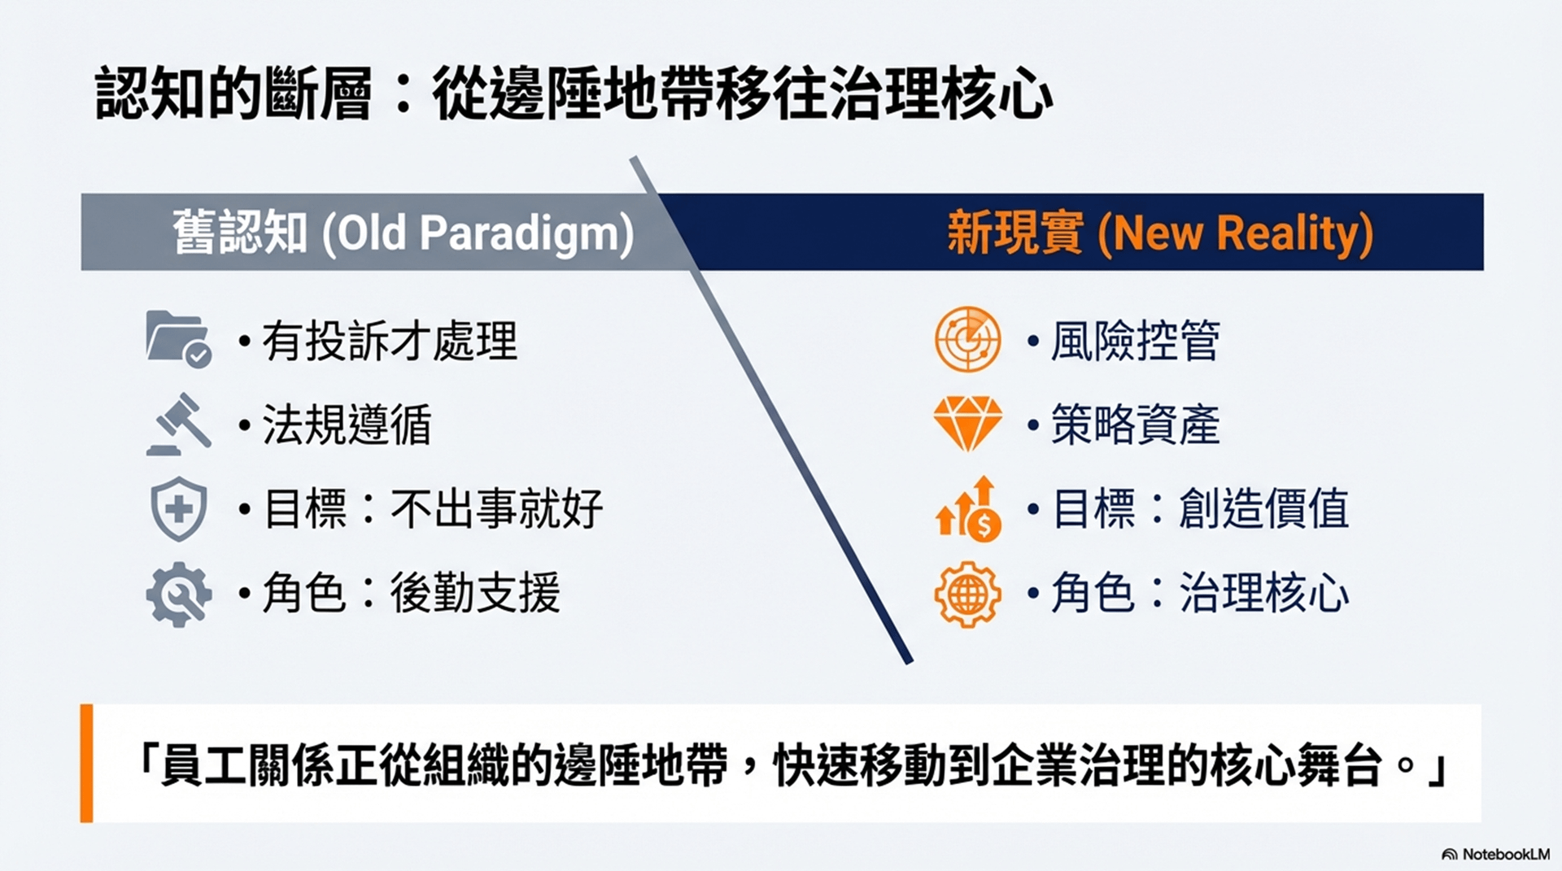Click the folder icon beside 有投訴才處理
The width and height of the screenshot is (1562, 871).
pyautogui.click(x=178, y=339)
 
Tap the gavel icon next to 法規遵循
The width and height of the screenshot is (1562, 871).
pyautogui.click(x=179, y=424)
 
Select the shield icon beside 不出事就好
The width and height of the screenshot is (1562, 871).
pyautogui.click(x=179, y=509)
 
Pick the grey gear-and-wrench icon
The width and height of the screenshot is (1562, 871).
pyautogui.click(x=179, y=594)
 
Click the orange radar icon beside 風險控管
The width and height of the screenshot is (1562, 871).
pyautogui.click(x=967, y=339)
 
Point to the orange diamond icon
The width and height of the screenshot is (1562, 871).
pyautogui.click(x=967, y=424)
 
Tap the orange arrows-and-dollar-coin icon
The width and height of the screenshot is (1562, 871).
pyautogui.click(x=968, y=509)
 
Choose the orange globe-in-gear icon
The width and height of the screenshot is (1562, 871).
pyautogui.click(x=967, y=594)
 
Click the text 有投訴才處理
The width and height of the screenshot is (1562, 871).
pyautogui.click(x=390, y=341)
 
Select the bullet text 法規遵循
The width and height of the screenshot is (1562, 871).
pyautogui.click(x=347, y=425)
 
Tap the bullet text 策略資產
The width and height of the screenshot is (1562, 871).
pyautogui.click(x=1135, y=425)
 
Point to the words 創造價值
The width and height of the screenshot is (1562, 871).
pyautogui.click(x=1264, y=509)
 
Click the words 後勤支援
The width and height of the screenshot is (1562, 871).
pyautogui.click(x=475, y=593)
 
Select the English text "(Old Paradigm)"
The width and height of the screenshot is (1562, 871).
pyautogui.click(x=478, y=233)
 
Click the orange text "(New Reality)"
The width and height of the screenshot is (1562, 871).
pyautogui.click(x=1235, y=233)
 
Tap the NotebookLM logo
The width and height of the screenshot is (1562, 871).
pyautogui.click(x=1495, y=854)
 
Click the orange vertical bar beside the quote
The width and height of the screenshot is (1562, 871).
pyautogui.click(x=86, y=763)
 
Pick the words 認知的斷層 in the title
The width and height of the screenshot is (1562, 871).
pyautogui.click(x=233, y=94)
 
